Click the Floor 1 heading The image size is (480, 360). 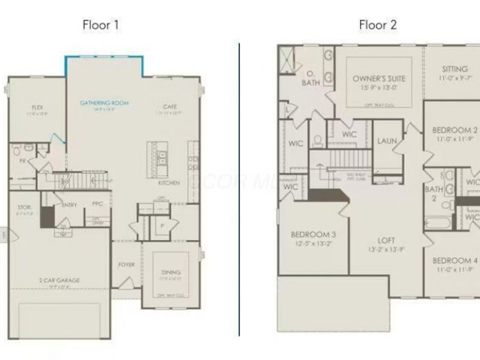[x=101, y=25]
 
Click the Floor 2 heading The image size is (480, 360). [x=377, y=25]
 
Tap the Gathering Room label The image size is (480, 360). [x=104, y=103]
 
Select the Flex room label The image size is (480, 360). [x=37, y=107]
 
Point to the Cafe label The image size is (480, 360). [x=170, y=107]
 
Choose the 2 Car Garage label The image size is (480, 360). [x=60, y=280]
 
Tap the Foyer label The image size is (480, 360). [x=126, y=265]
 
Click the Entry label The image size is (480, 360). [x=69, y=205]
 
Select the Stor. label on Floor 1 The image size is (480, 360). [x=23, y=208]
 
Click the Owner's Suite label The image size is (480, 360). [x=379, y=79]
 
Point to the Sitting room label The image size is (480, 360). [x=455, y=69]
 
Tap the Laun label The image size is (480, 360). [x=387, y=141]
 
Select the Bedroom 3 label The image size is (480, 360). [x=313, y=234]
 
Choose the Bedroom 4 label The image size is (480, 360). [x=455, y=260]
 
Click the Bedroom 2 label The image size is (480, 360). [x=455, y=130]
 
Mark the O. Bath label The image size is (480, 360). [x=310, y=78]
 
